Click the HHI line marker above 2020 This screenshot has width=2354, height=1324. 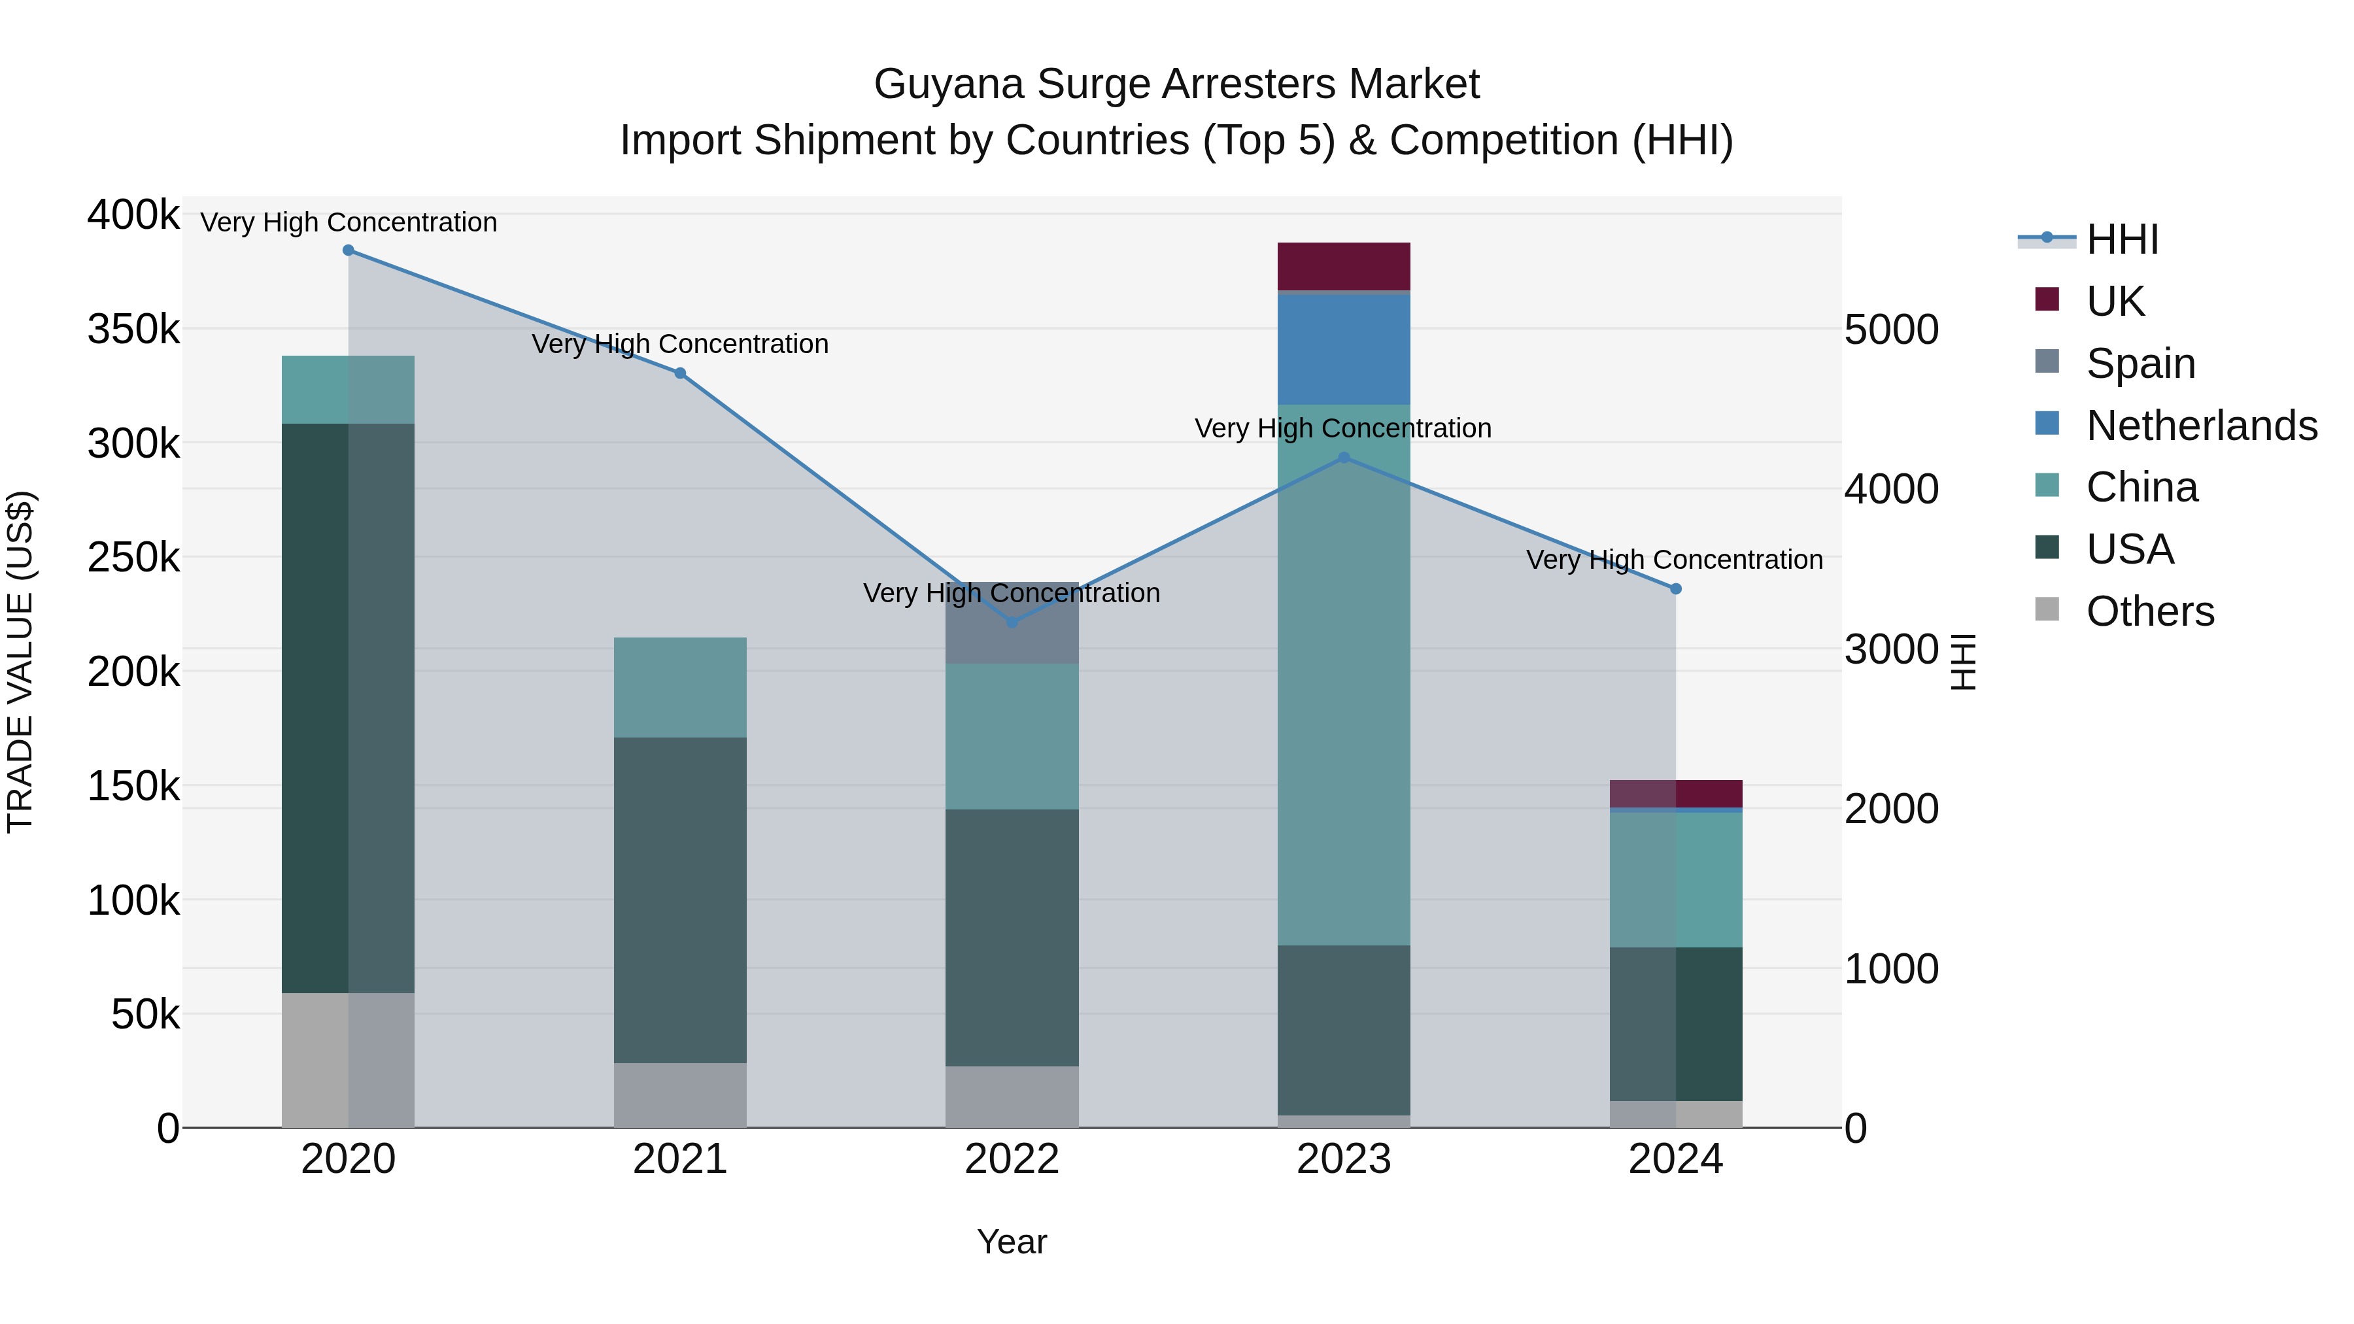(x=348, y=250)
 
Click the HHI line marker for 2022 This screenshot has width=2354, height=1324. (x=1012, y=622)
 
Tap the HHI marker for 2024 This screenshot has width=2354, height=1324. (x=1676, y=589)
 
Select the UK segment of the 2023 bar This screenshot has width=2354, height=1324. (x=1343, y=266)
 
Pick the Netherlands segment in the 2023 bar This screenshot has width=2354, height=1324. (x=1343, y=349)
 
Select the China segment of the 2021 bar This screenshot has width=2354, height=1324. (x=680, y=687)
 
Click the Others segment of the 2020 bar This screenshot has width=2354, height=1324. (x=348, y=1060)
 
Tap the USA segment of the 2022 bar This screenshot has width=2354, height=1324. (x=1012, y=936)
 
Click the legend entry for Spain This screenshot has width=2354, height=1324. (x=2140, y=364)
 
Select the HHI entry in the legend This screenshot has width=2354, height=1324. (x=2122, y=239)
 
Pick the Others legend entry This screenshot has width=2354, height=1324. (x=2149, y=611)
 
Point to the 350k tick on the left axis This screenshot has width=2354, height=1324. (x=133, y=329)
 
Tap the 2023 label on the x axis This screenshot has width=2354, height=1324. (x=1343, y=1159)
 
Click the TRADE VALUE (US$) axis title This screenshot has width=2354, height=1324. (x=20, y=662)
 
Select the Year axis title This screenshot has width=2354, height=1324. (x=1012, y=1242)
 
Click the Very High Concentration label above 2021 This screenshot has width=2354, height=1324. (x=680, y=345)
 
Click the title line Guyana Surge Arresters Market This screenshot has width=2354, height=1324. (x=1176, y=84)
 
